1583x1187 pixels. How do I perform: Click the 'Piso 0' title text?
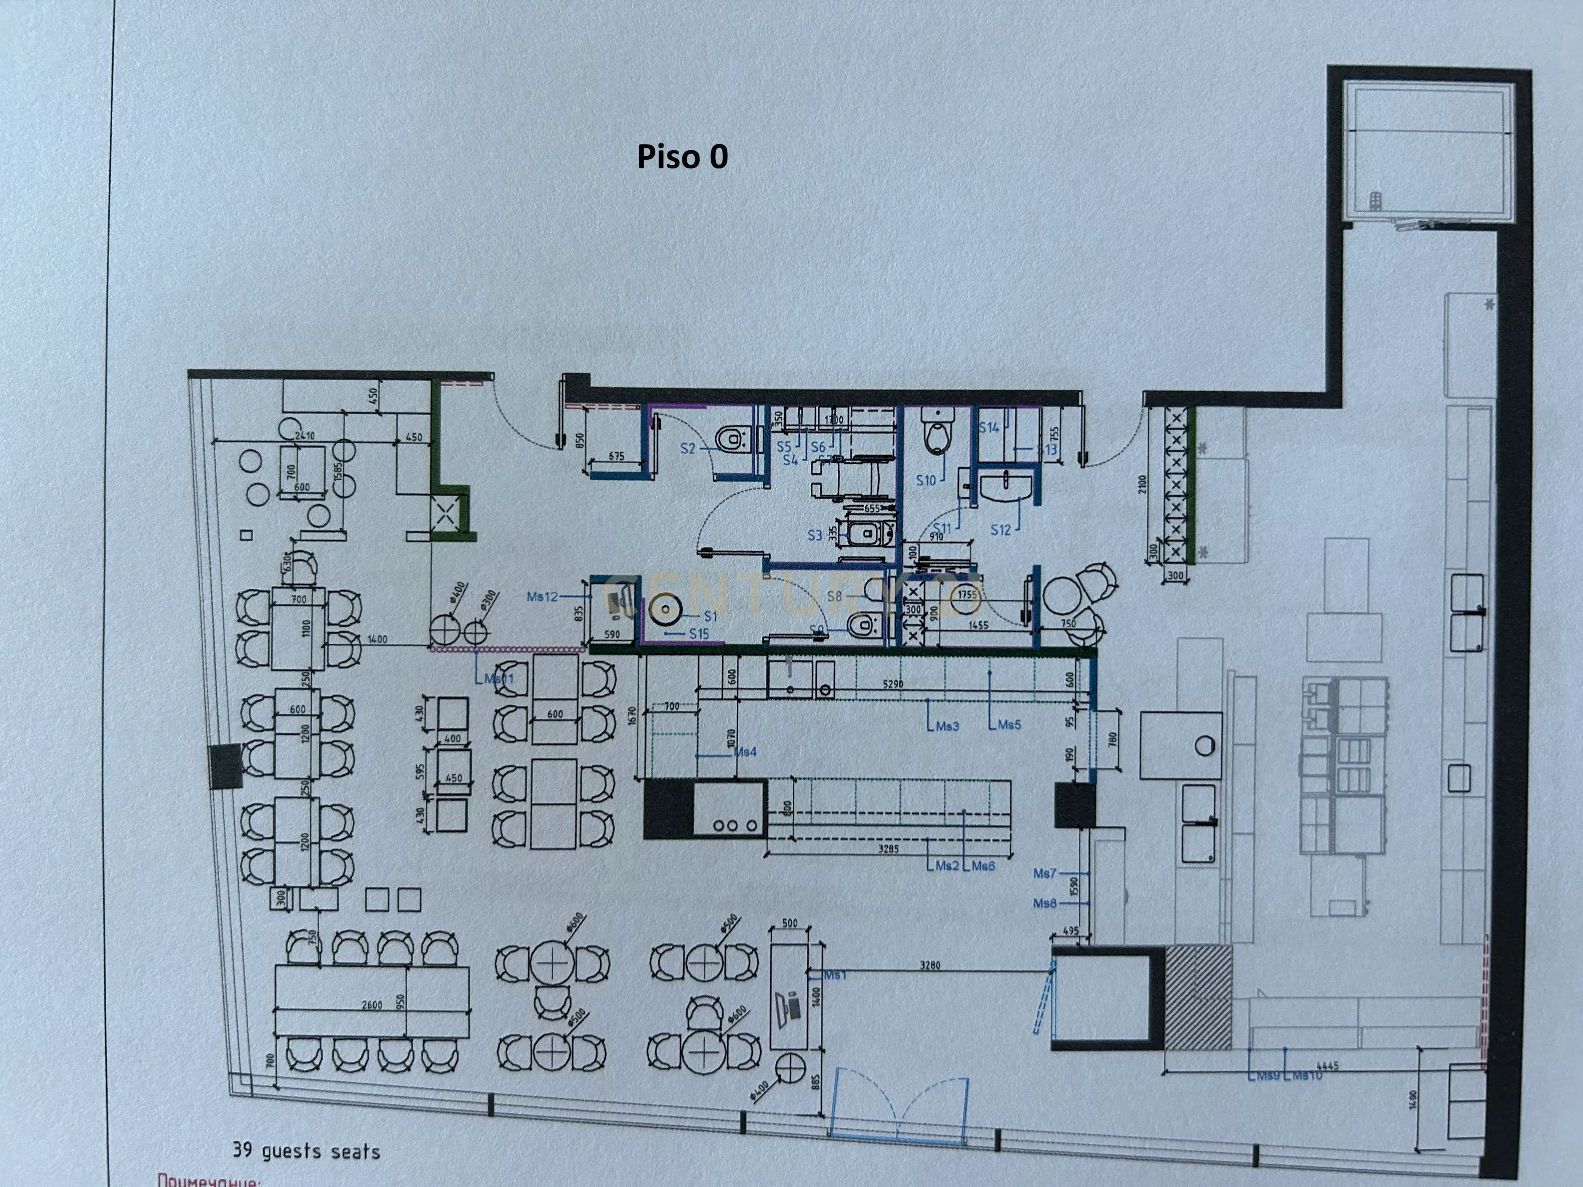[682, 157]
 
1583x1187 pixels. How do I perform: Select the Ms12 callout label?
[542, 596]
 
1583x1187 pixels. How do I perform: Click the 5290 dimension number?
[892, 684]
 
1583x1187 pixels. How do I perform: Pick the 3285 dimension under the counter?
[888, 849]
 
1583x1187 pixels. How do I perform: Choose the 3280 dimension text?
[930, 965]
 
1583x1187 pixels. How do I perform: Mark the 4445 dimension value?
[1327, 1066]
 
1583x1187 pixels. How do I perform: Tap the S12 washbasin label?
[1000, 530]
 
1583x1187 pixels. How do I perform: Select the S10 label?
[926, 480]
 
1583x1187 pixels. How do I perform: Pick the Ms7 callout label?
[1044, 873]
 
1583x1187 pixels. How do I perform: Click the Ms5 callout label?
[1009, 725]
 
